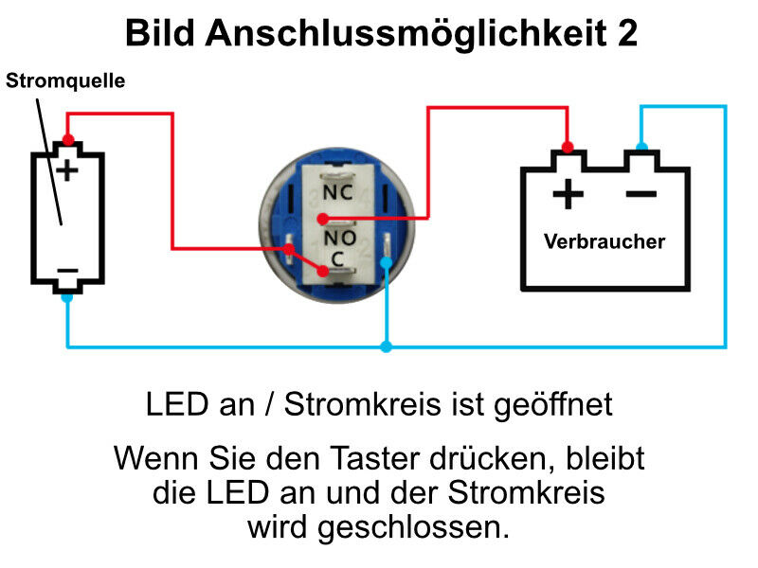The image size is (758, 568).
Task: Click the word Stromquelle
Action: coord(65,80)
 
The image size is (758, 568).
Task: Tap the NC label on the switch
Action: coord(338,191)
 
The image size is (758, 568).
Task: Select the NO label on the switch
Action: coord(338,237)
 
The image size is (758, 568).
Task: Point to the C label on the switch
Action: coord(337,258)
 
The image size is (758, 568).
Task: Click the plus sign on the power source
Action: coord(66,170)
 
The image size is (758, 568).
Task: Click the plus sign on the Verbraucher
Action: coord(567,195)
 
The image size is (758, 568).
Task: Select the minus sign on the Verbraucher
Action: coord(641,194)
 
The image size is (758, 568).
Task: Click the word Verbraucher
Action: coord(605,241)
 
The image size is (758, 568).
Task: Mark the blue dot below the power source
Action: coord(67,296)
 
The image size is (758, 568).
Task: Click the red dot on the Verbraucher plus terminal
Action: coord(568,147)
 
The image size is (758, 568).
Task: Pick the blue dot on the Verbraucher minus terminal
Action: coord(641,147)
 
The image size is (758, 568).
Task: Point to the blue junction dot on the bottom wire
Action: coord(386,347)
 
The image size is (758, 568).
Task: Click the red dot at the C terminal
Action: coord(323,272)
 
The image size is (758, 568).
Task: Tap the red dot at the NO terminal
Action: coord(324,221)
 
